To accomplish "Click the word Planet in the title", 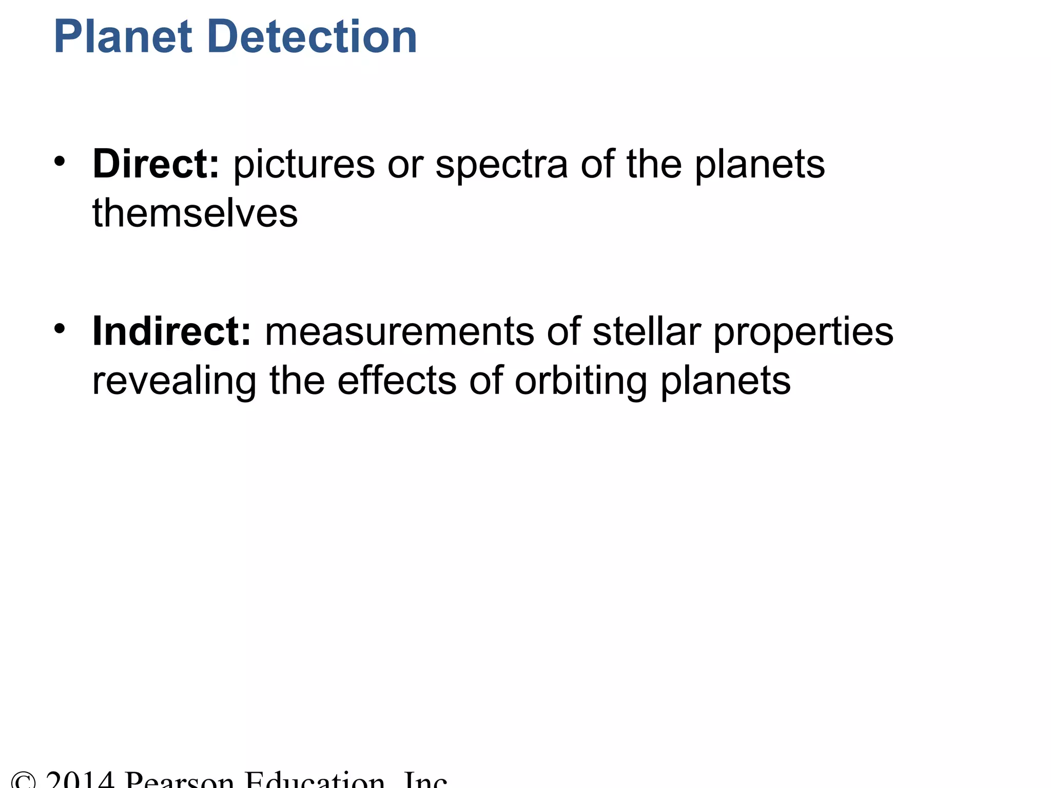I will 123,37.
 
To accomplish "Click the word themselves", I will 195,213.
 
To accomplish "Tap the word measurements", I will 399,331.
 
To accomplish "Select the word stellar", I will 647,331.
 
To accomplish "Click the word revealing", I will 174,382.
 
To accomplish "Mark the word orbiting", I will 580,382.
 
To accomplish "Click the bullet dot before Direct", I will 60,161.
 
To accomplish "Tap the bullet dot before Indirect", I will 60,328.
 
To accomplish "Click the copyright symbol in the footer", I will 23,781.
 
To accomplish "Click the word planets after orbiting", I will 725,382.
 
